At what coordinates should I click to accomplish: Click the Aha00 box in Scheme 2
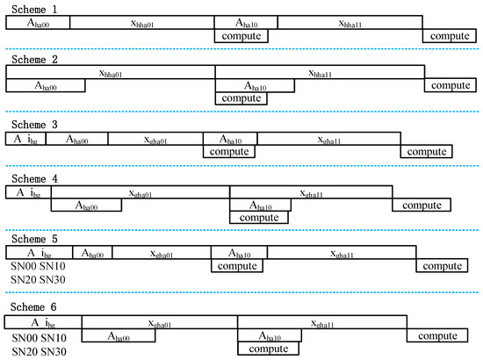[x=46, y=85]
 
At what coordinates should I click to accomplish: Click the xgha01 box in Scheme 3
[x=155, y=139]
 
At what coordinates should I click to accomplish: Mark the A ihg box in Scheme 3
[x=26, y=139]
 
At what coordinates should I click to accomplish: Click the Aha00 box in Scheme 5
[x=91, y=254]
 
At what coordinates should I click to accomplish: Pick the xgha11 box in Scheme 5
[x=340, y=254]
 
